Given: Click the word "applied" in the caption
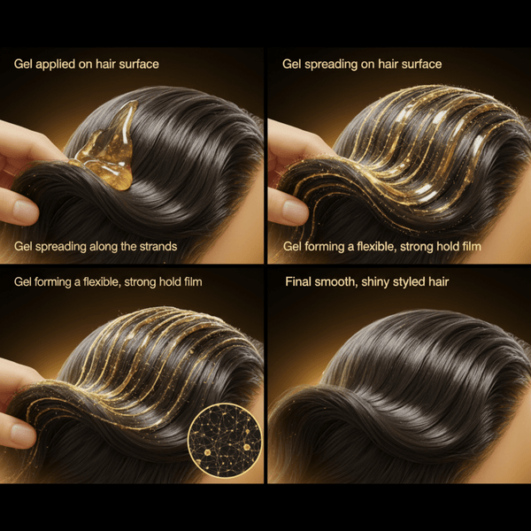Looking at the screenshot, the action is tap(55, 65).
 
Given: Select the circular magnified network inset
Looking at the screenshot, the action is tap(225, 441).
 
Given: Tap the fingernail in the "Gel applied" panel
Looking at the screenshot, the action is tap(26, 212).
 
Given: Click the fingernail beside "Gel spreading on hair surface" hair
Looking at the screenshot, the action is tap(296, 212).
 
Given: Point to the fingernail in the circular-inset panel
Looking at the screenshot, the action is tap(23, 435).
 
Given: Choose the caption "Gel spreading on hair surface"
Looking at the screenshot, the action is tap(362, 65).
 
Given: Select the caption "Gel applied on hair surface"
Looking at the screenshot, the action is tap(87, 65).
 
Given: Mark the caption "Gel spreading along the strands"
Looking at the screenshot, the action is tap(96, 247).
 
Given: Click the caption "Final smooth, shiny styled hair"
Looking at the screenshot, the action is tap(367, 282).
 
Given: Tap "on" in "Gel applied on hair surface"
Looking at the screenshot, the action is tap(85, 65).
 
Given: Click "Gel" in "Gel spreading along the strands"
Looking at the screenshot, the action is tap(23, 247).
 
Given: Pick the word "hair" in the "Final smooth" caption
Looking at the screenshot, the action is tap(439, 281).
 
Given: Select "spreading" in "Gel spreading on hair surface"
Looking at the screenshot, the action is tap(326, 65).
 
